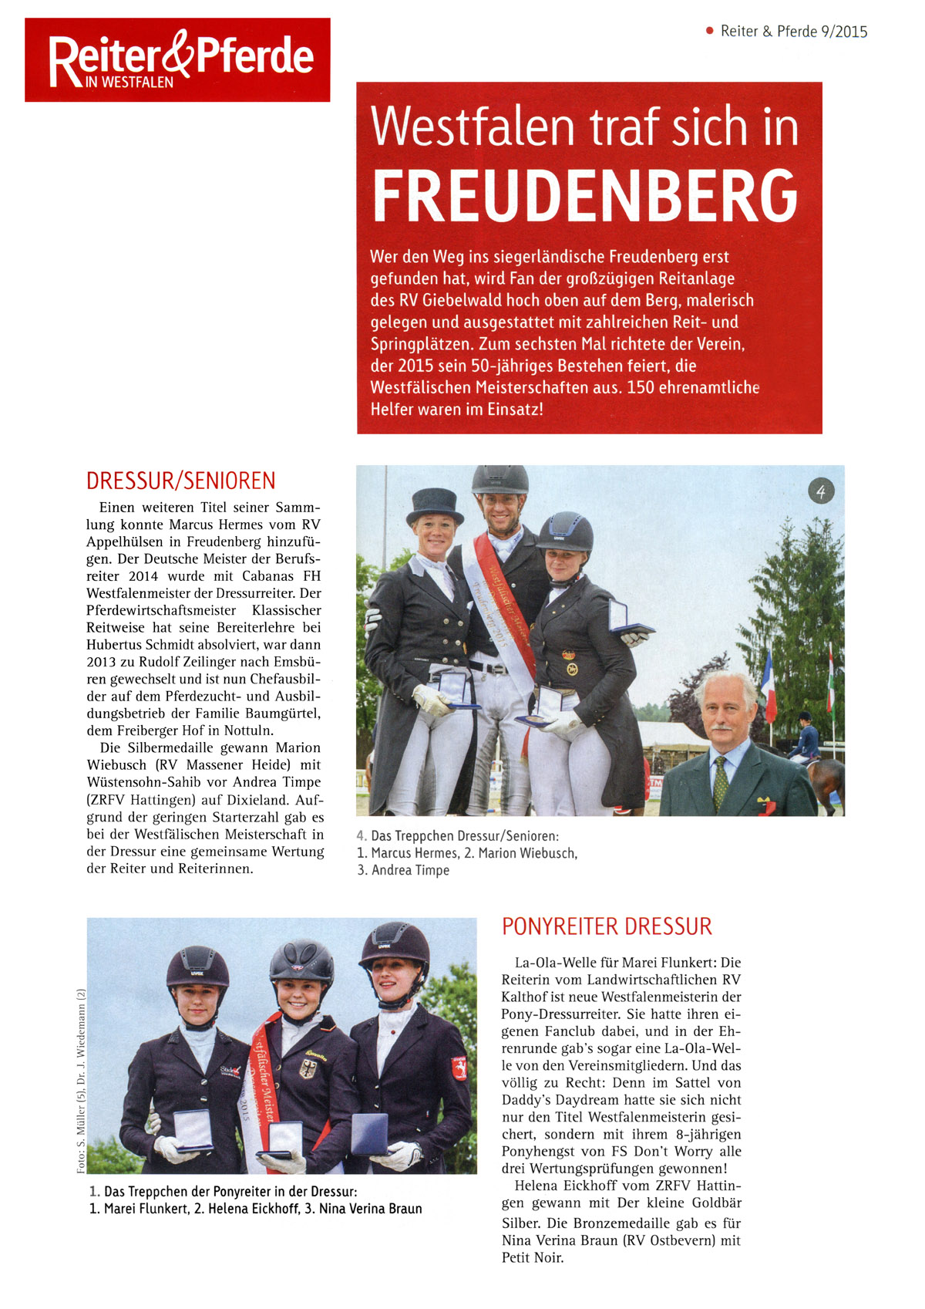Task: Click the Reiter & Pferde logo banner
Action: pos(177,59)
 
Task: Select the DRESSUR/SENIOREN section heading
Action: pos(180,481)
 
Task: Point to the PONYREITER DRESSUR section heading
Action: pos(607,926)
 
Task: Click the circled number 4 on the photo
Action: pos(821,491)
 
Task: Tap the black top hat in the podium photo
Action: pos(436,506)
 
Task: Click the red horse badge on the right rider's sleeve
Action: pos(459,1068)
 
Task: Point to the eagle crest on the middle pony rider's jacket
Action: pos(308,1068)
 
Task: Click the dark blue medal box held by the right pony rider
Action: pos(369,1132)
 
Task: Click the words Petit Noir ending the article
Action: pos(533,1258)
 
